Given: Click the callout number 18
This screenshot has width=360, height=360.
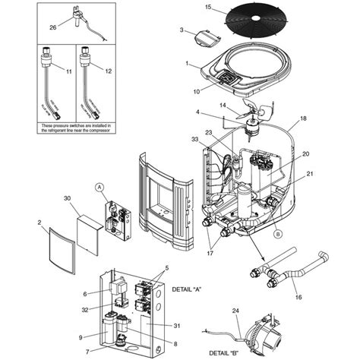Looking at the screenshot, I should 303,119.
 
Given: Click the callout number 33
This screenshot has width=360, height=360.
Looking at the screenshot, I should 195,139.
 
